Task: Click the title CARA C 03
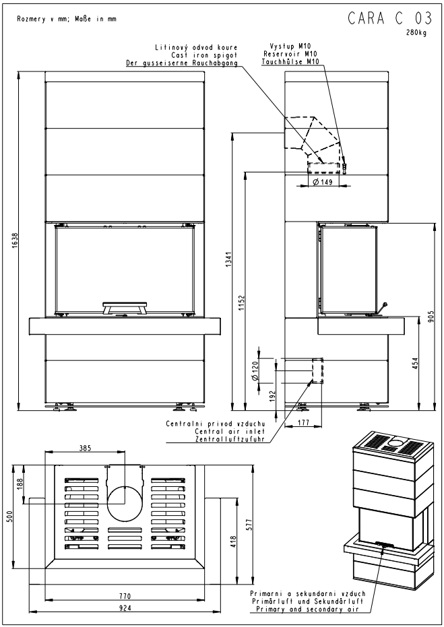390,18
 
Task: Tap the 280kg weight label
417,33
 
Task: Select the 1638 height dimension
15,240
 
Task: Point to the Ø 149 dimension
323,183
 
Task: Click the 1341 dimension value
229,261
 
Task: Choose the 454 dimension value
415,363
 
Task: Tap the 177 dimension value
304,423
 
